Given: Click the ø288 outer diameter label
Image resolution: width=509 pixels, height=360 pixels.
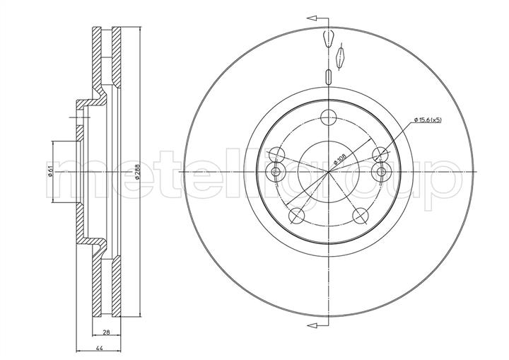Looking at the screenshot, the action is pos(137,172).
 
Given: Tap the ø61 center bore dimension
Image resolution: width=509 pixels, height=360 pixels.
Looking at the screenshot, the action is pos(50,172).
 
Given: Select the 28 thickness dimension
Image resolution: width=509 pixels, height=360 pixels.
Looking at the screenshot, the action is pos(106,332).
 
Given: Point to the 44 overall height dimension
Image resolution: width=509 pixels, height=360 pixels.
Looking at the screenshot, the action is pos(100,349).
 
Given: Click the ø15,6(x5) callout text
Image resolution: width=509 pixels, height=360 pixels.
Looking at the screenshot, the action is pos(428,120).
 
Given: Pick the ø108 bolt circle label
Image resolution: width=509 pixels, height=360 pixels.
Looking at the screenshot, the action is pos(340,159).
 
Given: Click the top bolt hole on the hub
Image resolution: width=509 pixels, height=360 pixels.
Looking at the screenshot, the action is pos(328,117).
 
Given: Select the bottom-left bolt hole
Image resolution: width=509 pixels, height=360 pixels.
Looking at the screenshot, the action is pos(297,216).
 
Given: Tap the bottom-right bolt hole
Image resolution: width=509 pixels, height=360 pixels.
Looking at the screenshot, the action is pos(361,216).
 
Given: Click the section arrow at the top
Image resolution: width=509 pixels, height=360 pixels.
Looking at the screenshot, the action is pos(317,18).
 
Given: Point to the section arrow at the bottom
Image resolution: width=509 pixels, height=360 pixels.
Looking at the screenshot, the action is pos(317,325).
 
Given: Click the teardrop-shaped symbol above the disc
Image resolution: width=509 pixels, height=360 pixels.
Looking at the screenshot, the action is pos(328,38).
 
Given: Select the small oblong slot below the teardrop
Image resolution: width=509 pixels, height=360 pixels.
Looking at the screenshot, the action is pos(328,77).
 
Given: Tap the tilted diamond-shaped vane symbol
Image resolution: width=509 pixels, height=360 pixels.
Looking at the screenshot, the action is pos(340,57).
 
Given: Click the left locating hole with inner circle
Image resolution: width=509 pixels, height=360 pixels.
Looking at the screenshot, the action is pos(275,172).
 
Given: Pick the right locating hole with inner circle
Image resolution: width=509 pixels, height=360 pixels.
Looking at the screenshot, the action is pos(381,172).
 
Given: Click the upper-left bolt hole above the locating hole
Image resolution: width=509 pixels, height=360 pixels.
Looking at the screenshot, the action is pos(276,155).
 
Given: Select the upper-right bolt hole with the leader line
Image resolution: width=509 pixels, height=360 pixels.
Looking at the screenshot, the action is pos(380,155).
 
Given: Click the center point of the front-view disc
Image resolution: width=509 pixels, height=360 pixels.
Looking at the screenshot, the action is pos(328,172).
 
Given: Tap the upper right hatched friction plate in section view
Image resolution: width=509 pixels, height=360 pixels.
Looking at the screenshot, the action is pos(117,57).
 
